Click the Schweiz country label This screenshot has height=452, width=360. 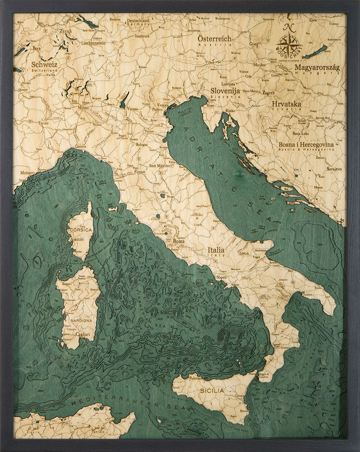point(44,64)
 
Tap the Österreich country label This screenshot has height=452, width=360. point(214,38)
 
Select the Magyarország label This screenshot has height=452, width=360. point(317,67)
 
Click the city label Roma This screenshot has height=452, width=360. point(179,242)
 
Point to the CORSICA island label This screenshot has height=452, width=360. point(81,230)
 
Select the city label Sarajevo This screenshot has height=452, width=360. point(334,169)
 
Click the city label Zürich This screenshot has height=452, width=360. point(66,31)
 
